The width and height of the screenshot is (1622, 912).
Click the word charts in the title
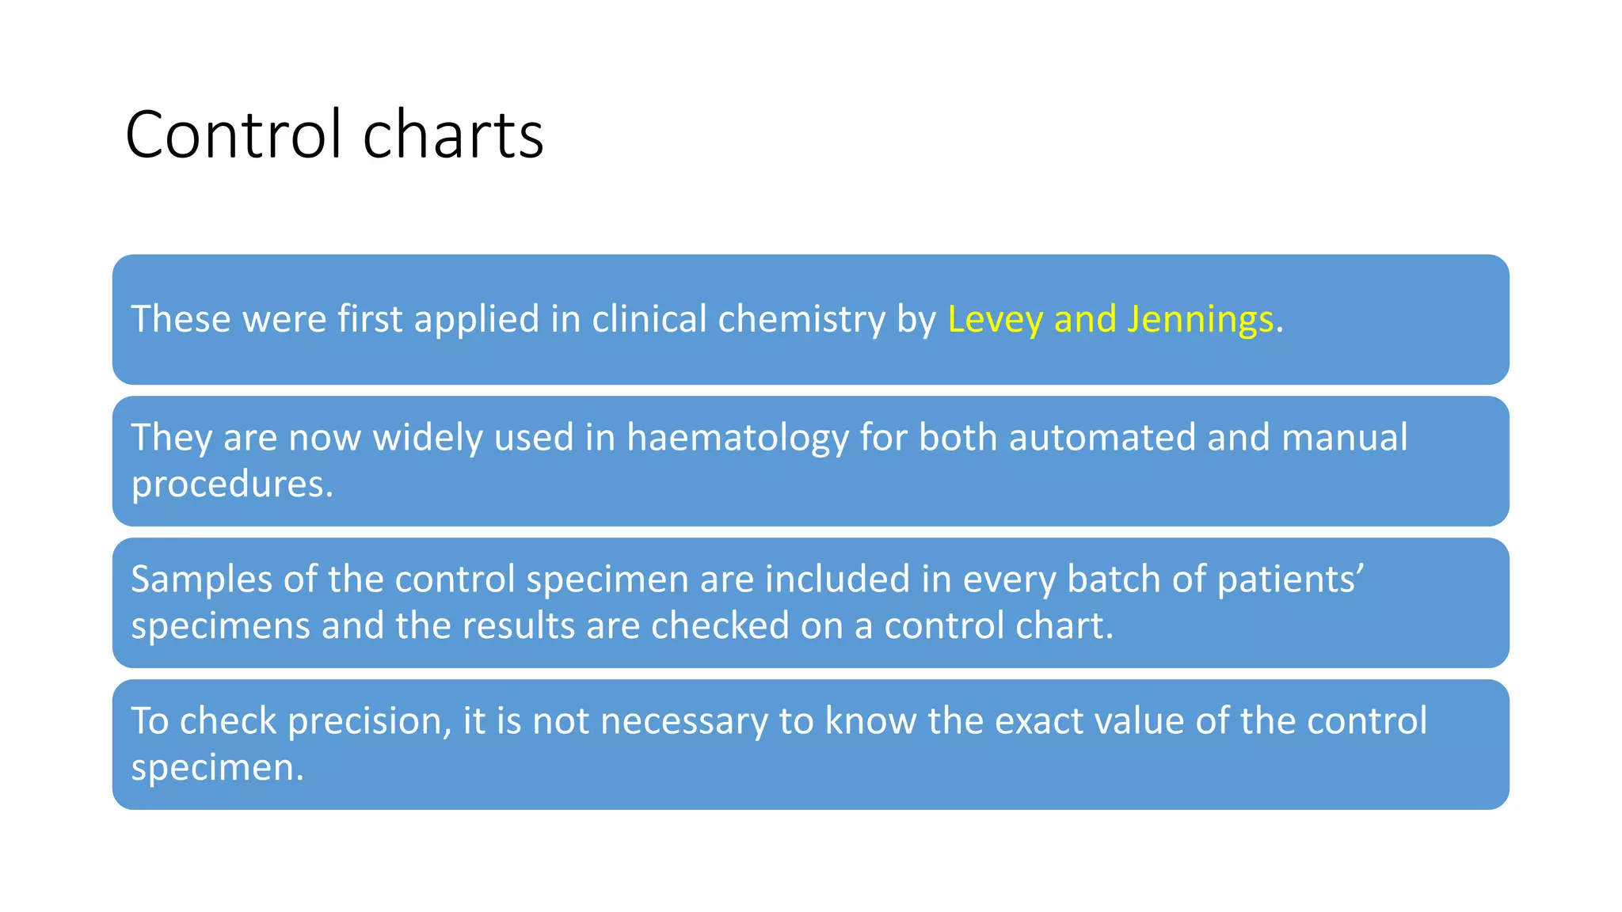pyautogui.click(x=453, y=135)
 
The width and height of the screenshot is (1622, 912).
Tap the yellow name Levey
pyautogui.click(x=994, y=319)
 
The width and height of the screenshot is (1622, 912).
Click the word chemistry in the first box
pyautogui.click(x=801, y=319)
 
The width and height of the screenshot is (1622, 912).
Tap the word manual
pyautogui.click(x=1344, y=438)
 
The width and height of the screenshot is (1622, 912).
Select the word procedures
pyautogui.click(x=232, y=484)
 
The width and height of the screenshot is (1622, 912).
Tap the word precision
pyautogui.click(x=369, y=721)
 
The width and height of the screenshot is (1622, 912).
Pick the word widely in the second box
pyautogui.click(x=428, y=438)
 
